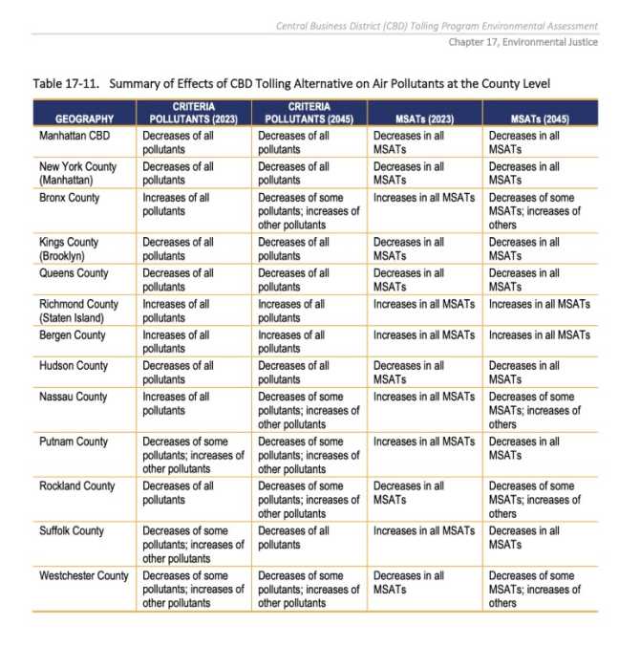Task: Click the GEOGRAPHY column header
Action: [84, 119]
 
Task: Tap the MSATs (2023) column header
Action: [424, 119]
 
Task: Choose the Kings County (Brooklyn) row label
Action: [69, 248]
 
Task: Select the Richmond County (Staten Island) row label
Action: [79, 311]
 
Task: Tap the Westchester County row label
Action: [84, 575]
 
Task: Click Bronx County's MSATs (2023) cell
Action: [423, 198]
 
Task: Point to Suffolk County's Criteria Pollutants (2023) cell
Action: [193, 544]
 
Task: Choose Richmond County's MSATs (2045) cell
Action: [539, 305]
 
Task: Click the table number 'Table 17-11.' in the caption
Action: [66, 84]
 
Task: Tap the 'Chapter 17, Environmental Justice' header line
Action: [523, 41]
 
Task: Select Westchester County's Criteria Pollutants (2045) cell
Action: [309, 589]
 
